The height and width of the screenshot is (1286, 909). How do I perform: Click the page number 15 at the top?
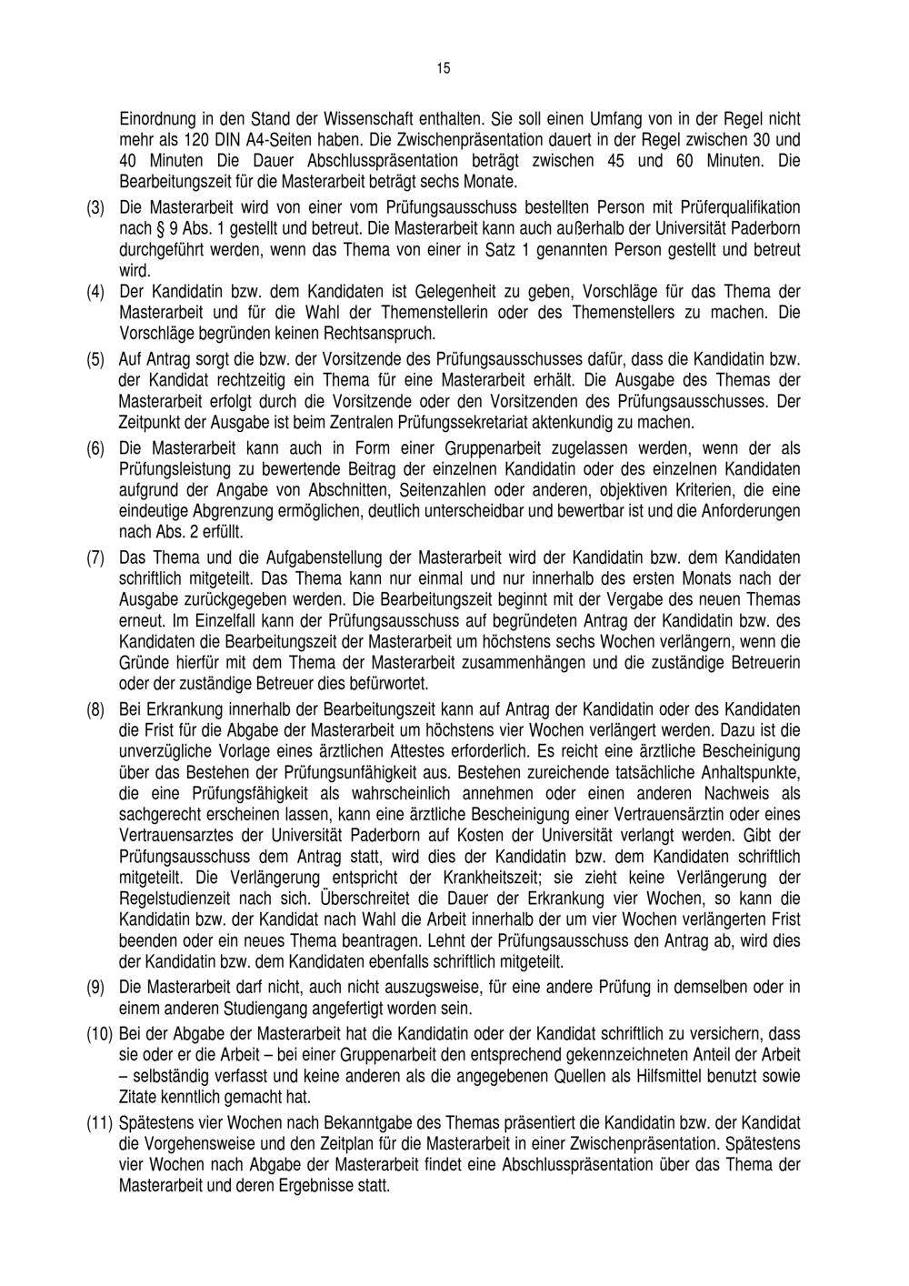pos(443,68)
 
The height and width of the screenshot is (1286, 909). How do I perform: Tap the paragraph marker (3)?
pos(95,207)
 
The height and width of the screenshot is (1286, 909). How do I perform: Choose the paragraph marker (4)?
pos(95,292)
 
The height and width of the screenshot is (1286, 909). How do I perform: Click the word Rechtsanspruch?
pos(384,335)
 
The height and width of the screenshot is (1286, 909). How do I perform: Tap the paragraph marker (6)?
pos(95,448)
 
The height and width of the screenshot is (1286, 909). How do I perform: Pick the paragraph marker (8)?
pos(95,708)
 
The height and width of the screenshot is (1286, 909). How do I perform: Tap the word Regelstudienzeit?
pos(178,898)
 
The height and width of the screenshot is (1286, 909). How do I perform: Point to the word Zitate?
pos(139,1096)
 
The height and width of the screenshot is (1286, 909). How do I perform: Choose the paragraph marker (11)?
pos(99,1123)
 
